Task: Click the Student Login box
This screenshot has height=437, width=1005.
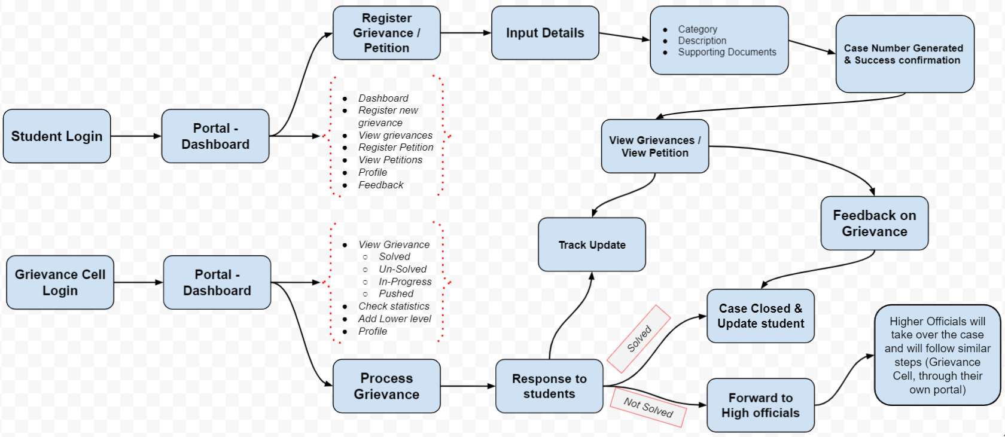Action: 57,136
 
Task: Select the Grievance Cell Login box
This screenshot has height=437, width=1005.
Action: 60,282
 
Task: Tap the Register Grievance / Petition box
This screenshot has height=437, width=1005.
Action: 386,33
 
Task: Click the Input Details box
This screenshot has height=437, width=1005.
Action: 545,33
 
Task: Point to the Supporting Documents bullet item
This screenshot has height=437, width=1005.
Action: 726,53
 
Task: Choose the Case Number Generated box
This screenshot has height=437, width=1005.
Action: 904,54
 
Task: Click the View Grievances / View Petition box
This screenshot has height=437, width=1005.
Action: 655,146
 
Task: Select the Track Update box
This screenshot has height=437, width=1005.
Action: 592,245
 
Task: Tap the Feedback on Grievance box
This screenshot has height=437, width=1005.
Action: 874,223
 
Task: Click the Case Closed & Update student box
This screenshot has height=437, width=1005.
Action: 760,316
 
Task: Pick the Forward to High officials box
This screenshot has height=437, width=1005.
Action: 760,405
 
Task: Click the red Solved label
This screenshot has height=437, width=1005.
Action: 639,338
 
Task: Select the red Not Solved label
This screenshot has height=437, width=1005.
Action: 648,407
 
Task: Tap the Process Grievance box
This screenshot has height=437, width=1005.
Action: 386,386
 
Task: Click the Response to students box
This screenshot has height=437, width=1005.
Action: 549,386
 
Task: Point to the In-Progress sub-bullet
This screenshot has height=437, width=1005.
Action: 404,282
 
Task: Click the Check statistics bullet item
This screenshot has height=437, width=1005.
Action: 394,306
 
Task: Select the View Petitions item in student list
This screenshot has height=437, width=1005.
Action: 390,160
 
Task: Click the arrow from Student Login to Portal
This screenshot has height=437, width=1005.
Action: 136,136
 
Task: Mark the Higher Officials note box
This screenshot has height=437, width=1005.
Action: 937,355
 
